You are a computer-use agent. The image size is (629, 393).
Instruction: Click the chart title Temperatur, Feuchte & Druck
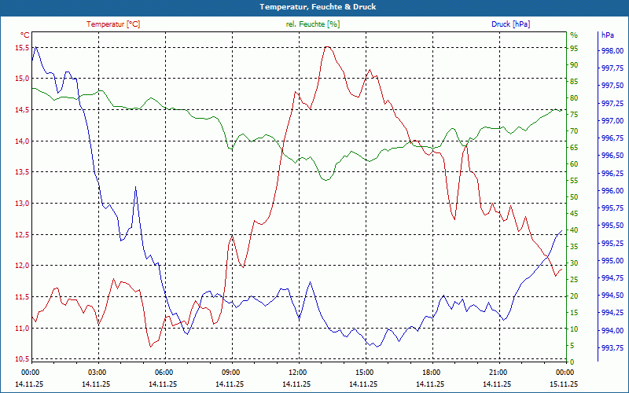tap(314, 6)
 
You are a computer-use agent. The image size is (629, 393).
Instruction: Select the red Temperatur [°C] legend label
tap(113, 24)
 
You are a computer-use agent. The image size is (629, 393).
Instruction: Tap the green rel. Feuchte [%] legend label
tap(313, 24)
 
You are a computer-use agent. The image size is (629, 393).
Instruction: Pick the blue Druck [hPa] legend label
tap(510, 24)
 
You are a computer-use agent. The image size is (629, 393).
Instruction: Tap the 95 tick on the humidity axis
tap(574, 48)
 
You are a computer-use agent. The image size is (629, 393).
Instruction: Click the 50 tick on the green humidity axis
tap(574, 196)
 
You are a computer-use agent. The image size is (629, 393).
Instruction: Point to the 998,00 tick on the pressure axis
tap(612, 51)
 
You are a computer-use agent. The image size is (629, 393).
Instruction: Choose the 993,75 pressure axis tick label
tap(612, 347)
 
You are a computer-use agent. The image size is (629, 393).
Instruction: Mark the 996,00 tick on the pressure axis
tap(612, 191)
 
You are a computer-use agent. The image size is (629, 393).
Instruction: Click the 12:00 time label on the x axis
tap(298, 371)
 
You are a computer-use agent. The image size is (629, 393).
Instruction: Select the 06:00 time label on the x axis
tap(164, 371)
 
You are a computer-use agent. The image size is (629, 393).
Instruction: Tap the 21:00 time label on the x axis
tap(498, 371)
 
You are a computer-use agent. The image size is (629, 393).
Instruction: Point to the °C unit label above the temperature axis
tap(25, 35)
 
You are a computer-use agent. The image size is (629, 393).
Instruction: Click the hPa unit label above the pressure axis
tap(608, 35)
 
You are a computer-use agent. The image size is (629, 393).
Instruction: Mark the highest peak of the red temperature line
tap(326, 47)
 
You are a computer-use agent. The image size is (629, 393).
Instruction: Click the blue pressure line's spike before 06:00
tap(135, 187)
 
